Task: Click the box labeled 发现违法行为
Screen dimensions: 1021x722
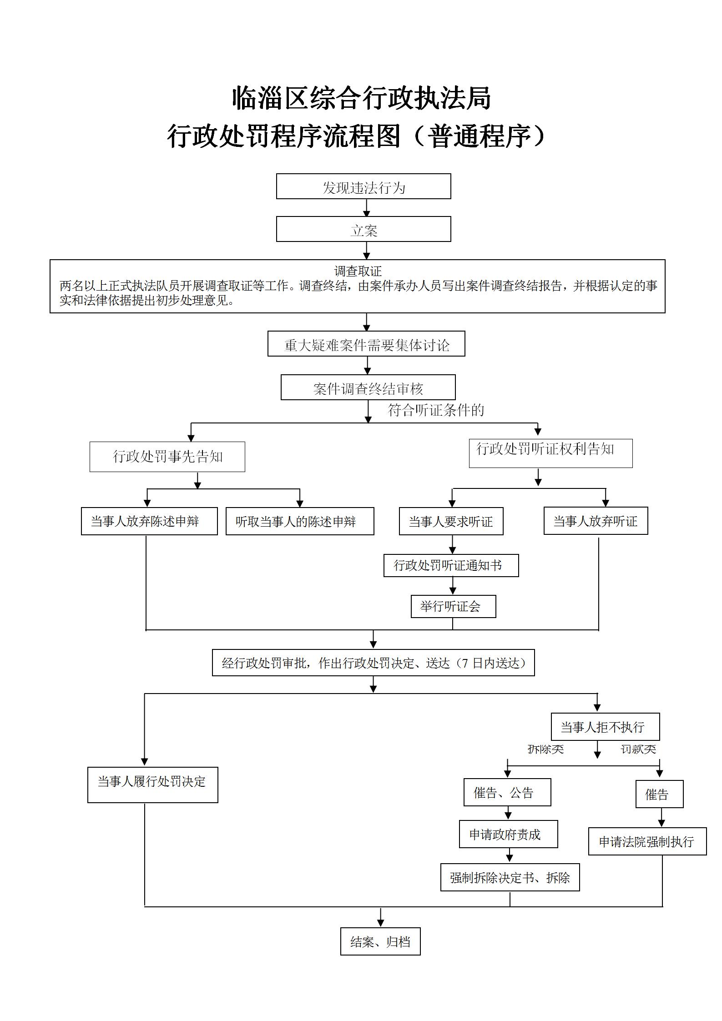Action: [x=364, y=186]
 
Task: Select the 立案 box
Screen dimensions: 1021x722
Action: [x=364, y=229]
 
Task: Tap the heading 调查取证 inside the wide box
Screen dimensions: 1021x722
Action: [x=358, y=272]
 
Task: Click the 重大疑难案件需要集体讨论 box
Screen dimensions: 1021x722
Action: [x=366, y=344]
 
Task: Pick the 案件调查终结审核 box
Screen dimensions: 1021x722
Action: [x=368, y=387]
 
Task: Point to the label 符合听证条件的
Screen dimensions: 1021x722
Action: [x=436, y=410]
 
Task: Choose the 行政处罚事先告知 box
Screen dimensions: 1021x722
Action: [x=167, y=457]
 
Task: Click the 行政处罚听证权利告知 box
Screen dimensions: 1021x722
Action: [x=550, y=453]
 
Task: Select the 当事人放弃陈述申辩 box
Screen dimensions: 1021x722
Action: [x=149, y=521]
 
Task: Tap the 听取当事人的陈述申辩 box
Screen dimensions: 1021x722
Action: [x=300, y=521]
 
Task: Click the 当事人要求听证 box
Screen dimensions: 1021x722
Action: [x=451, y=521]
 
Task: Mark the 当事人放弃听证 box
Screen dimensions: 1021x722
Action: [x=596, y=521]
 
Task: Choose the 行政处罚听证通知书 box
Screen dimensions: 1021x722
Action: [x=451, y=565]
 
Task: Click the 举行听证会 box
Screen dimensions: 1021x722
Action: [x=453, y=606]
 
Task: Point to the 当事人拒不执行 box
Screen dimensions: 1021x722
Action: [x=605, y=727]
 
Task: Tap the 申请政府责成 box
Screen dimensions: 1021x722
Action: [x=508, y=835]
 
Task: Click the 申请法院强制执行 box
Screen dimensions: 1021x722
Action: [x=647, y=841]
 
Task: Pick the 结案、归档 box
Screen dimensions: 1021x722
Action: [x=380, y=941]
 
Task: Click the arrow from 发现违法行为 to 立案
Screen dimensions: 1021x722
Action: [x=367, y=208]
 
